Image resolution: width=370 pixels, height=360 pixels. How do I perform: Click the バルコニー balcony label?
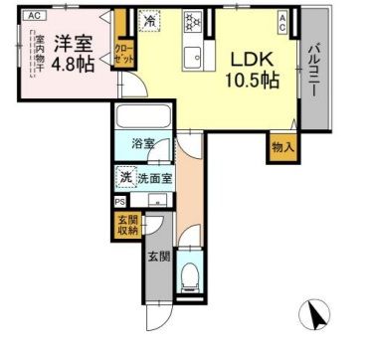[x=313, y=71]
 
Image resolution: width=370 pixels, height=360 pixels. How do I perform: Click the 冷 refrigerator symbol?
[x=149, y=20]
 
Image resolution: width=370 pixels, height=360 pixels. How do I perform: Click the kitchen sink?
[x=192, y=55]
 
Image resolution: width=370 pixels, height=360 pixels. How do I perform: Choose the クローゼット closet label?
[x=124, y=53]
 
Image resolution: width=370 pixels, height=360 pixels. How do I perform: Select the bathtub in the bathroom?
[x=145, y=118]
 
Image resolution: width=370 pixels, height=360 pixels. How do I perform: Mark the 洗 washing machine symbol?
[x=126, y=177]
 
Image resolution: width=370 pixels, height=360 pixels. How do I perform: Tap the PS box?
[x=119, y=206]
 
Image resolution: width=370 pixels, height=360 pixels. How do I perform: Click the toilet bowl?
[x=190, y=272]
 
